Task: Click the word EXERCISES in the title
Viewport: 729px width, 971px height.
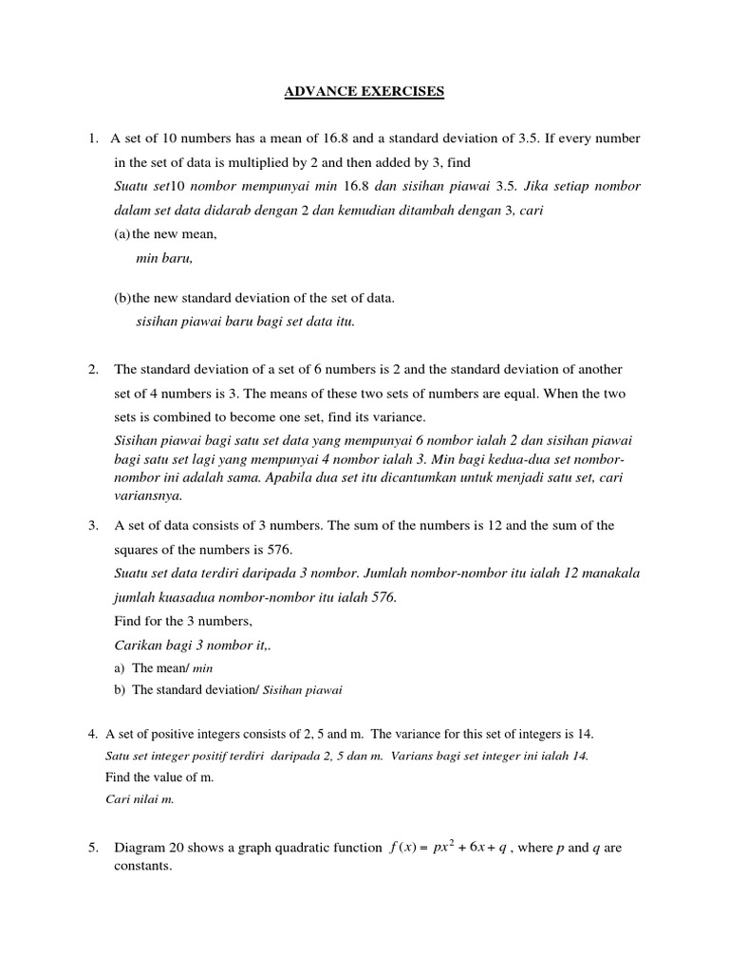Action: (397, 92)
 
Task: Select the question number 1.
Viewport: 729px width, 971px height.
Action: (92, 139)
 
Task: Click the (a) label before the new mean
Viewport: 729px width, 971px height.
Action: (122, 233)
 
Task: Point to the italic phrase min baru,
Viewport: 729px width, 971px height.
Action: (165, 257)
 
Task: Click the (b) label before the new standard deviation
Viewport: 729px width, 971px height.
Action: (122, 298)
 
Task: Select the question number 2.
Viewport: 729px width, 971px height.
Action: (92, 369)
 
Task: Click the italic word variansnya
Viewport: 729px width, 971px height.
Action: (147, 495)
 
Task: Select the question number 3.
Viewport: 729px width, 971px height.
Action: (92, 524)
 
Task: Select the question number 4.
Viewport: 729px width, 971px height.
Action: (92, 734)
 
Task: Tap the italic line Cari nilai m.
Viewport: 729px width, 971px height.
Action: (140, 798)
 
